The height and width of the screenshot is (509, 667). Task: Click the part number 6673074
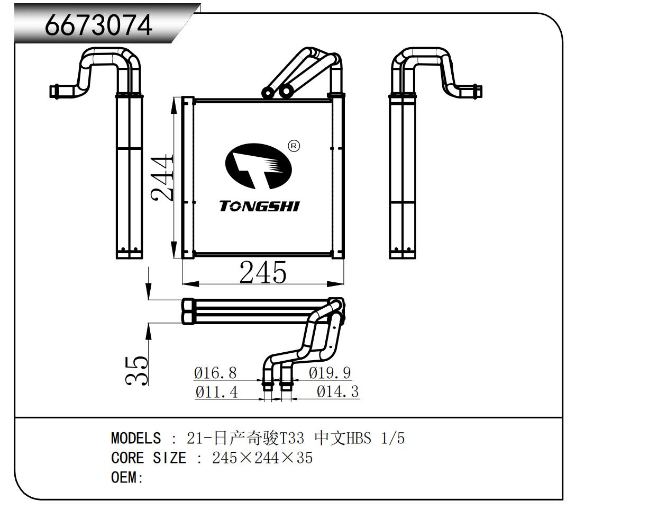click(98, 25)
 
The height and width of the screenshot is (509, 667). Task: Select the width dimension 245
click(263, 272)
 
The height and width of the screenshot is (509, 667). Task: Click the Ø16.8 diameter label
click(215, 373)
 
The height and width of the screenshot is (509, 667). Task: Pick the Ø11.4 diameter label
click(216, 392)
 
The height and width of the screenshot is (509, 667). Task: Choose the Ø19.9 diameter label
click(330, 373)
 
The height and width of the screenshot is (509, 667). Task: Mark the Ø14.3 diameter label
click(337, 391)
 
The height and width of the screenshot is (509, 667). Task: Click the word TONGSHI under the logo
click(259, 206)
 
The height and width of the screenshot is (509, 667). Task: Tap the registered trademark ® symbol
click(294, 146)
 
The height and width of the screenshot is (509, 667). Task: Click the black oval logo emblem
click(259, 166)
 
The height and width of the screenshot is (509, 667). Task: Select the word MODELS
click(136, 439)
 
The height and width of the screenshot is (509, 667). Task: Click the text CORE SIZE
click(149, 458)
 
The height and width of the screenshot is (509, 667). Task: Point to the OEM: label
click(127, 477)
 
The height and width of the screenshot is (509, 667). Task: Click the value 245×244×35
click(262, 458)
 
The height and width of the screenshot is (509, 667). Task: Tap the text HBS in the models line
click(359, 439)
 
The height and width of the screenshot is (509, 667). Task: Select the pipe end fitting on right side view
click(474, 91)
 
